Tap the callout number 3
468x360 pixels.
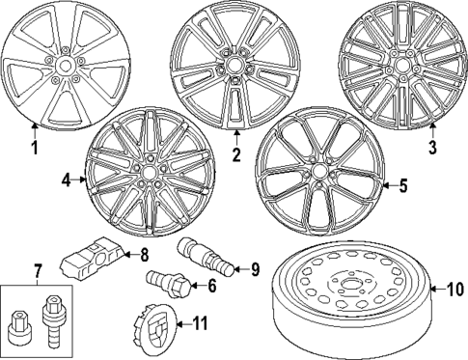click(x=433, y=148)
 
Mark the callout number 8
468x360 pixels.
click(x=145, y=255)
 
